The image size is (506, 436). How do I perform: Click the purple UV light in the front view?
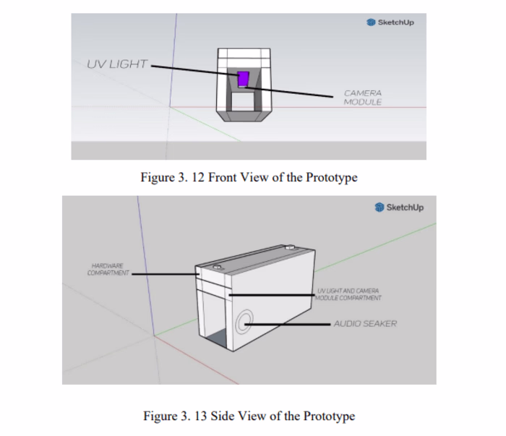pos(244,78)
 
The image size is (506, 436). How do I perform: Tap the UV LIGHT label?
pos(116,64)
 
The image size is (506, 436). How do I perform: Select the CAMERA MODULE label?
pos(362,98)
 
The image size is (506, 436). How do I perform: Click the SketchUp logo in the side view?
pos(400,208)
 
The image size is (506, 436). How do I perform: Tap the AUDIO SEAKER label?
pos(365,324)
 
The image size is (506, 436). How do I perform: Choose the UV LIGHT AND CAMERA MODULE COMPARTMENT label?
pos(348,294)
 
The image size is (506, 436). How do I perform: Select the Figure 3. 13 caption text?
pos(249,416)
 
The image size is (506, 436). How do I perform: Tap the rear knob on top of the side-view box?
pos(289,247)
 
